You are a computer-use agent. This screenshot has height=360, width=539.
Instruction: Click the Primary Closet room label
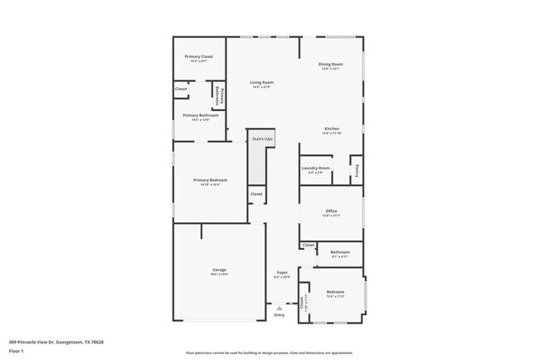click(198, 56)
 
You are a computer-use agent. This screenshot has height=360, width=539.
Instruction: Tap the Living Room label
click(262, 82)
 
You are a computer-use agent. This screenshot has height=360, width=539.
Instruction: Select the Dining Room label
click(331, 64)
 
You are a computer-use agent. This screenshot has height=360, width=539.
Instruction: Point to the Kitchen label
click(332, 129)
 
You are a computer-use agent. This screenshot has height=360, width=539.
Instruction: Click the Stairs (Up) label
click(262, 139)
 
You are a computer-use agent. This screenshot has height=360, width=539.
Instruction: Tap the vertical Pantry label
click(357, 168)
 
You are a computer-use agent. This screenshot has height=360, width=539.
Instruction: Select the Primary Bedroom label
click(210, 180)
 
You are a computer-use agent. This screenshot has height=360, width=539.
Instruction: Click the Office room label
click(331, 211)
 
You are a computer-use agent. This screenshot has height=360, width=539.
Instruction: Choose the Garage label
click(220, 270)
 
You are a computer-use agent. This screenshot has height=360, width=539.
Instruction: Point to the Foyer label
click(282, 272)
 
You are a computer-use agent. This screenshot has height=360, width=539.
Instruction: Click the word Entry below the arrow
click(279, 315)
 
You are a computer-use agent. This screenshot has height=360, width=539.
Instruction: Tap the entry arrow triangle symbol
click(279, 308)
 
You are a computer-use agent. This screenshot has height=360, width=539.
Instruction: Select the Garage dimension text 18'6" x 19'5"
click(220, 275)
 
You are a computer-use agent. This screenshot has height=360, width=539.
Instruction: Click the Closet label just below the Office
click(308, 246)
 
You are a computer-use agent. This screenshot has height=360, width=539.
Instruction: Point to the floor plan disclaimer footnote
click(269, 353)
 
